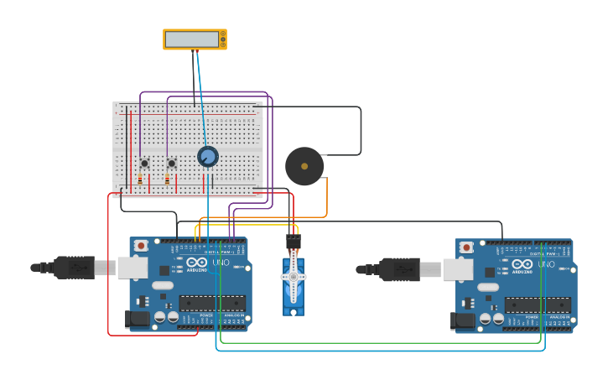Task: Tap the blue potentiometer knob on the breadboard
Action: coord(207,157)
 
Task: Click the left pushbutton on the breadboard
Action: coord(144,163)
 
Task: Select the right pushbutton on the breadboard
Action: coord(171,163)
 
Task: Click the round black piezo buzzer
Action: coord(304,166)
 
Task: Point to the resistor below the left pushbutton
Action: coord(140,180)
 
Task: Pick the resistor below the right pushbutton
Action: coord(167,180)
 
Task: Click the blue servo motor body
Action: coord(294,289)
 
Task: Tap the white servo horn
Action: coord(293,277)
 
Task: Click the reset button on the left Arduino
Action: coord(141,246)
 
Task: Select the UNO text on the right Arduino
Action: coord(547,263)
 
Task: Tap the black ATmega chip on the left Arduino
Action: coord(210,303)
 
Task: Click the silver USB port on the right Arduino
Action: coord(458,268)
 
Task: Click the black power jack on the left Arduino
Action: coord(136,319)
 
